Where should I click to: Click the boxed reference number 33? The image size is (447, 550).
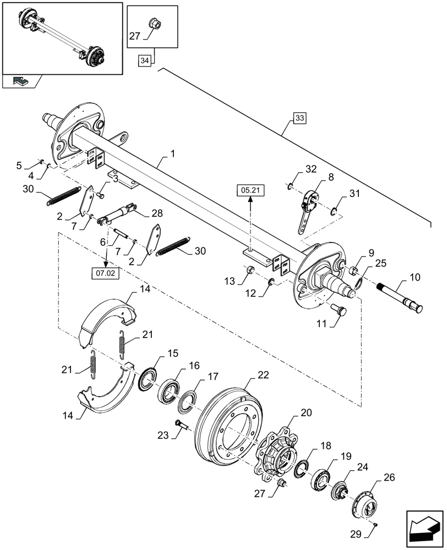coord(299,118)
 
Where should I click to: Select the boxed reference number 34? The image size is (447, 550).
coord(144,61)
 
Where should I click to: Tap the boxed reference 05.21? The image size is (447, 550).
coord(251,190)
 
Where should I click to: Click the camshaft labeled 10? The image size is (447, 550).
coord(399,297)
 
